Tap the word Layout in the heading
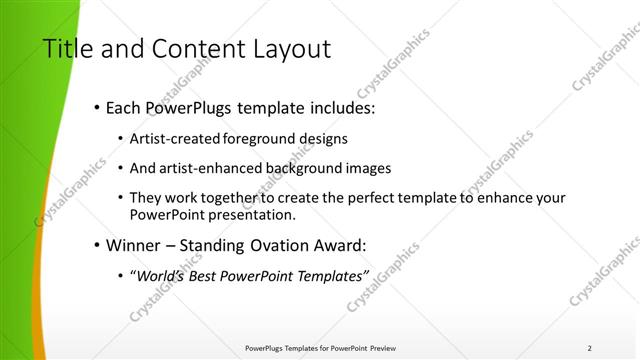pyautogui.click(x=290, y=49)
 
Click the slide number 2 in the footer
pyautogui.click(x=589, y=348)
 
